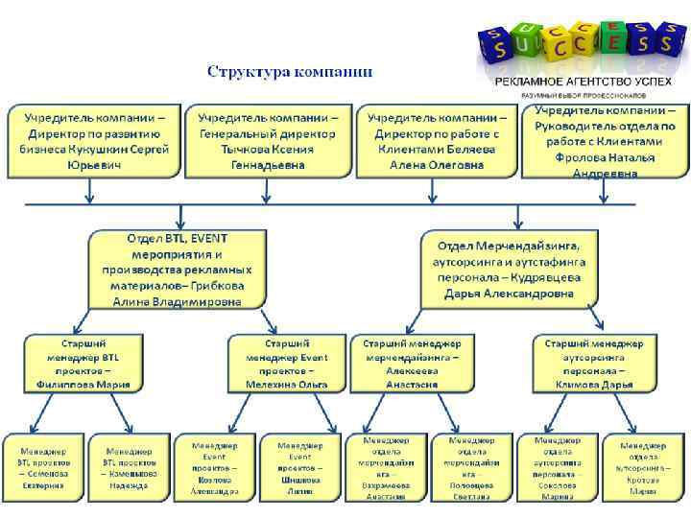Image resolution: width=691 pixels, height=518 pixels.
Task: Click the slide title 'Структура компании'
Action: (291, 72)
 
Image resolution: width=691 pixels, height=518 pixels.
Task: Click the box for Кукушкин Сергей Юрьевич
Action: (93, 141)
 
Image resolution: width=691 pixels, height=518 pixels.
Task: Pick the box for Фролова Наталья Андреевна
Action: (604, 140)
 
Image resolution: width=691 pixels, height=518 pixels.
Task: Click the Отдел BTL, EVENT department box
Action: (179, 269)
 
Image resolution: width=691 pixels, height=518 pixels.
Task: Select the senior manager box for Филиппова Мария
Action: (84, 364)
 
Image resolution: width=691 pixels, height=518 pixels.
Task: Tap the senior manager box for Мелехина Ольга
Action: (286, 364)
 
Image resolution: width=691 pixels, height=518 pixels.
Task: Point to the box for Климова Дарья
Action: (595, 364)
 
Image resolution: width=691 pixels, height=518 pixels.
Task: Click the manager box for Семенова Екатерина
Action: (43, 467)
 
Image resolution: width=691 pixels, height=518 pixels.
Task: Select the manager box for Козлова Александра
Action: (215, 467)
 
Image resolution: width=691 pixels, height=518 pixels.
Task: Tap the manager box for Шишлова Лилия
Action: (300, 467)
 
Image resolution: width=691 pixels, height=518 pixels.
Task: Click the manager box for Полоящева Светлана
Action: (467, 467)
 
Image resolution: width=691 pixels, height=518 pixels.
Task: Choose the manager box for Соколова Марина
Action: (557, 467)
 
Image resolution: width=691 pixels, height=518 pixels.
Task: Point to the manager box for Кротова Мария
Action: (643, 467)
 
